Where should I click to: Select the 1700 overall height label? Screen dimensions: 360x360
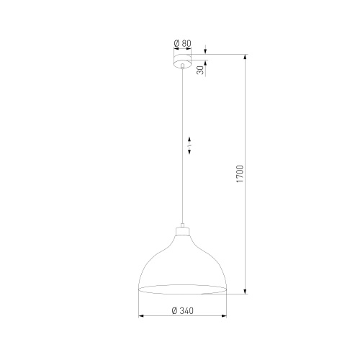click(x=241, y=175)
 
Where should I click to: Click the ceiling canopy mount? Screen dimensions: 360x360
click(x=183, y=60)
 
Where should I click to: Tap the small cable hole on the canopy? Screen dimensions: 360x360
click(x=183, y=66)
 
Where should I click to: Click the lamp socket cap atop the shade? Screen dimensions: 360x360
click(x=183, y=233)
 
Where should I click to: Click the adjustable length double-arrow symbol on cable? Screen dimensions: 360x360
click(x=189, y=143)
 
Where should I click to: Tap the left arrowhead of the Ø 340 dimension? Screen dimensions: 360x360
click(x=140, y=317)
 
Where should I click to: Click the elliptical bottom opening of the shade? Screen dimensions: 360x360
click(x=183, y=289)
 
